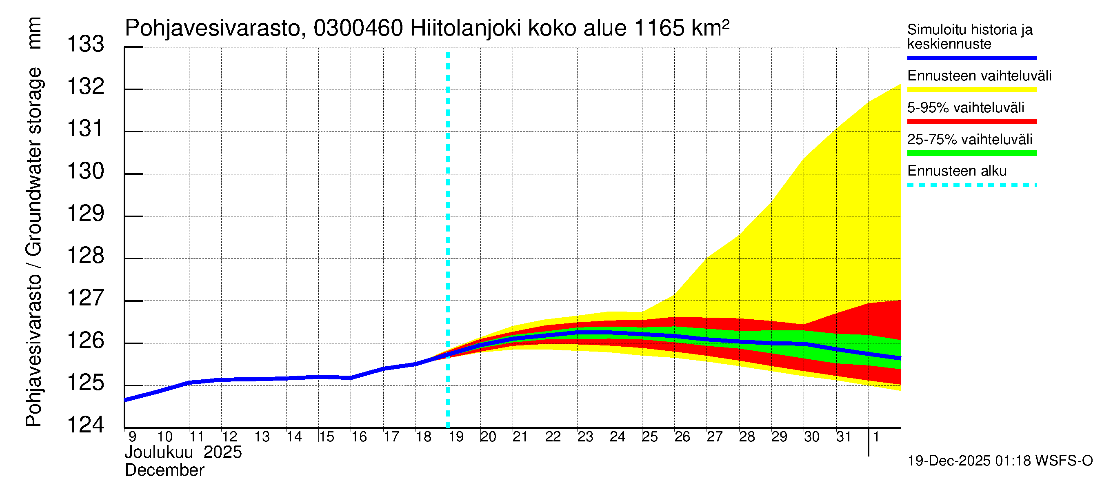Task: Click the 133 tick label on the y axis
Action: click(86, 44)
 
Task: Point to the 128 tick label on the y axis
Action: click(86, 256)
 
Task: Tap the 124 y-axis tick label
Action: click(86, 425)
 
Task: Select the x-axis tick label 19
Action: click(455, 437)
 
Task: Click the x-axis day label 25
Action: click(649, 437)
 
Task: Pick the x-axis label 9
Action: click(132, 437)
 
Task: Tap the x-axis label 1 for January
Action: click(876, 437)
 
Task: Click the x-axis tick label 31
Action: click(844, 437)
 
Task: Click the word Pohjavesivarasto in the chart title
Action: click(213, 29)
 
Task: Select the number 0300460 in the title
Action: click(358, 29)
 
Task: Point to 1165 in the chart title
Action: click(659, 29)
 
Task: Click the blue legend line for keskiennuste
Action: click(971, 58)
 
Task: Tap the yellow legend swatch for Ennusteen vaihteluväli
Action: click(971, 90)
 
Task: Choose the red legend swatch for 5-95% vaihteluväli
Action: click(971, 122)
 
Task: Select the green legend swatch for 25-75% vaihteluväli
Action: click(971, 153)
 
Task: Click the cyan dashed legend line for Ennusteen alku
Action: click(971, 185)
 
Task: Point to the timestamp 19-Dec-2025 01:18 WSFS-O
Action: click(1000, 461)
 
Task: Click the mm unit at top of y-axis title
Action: click(34, 33)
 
